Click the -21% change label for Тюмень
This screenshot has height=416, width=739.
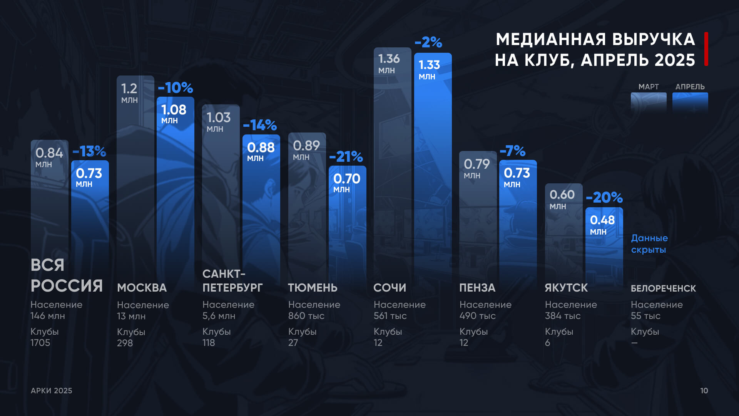coord(346,157)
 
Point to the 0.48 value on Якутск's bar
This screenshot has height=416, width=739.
coord(602,220)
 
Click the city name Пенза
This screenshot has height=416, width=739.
coord(477,288)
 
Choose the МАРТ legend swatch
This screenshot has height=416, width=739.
coord(649,102)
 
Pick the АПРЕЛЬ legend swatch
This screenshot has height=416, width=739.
coord(690,102)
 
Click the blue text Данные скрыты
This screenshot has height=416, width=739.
coord(649,244)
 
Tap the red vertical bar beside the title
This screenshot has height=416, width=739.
coord(706,49)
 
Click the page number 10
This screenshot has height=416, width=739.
coord(704,391)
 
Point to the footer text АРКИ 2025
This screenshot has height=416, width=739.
coord(52,391)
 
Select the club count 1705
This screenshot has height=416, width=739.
coord(40,343)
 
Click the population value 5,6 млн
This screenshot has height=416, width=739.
coord(219,316)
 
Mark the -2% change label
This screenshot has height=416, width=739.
coord(428,42)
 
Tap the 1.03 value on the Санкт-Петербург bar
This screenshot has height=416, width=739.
coord(218,117)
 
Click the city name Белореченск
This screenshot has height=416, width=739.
coord(663,288)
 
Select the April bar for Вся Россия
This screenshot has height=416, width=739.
coord(90,223)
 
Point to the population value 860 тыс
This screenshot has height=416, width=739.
coord(306,316)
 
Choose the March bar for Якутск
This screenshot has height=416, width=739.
coord(563,239)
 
